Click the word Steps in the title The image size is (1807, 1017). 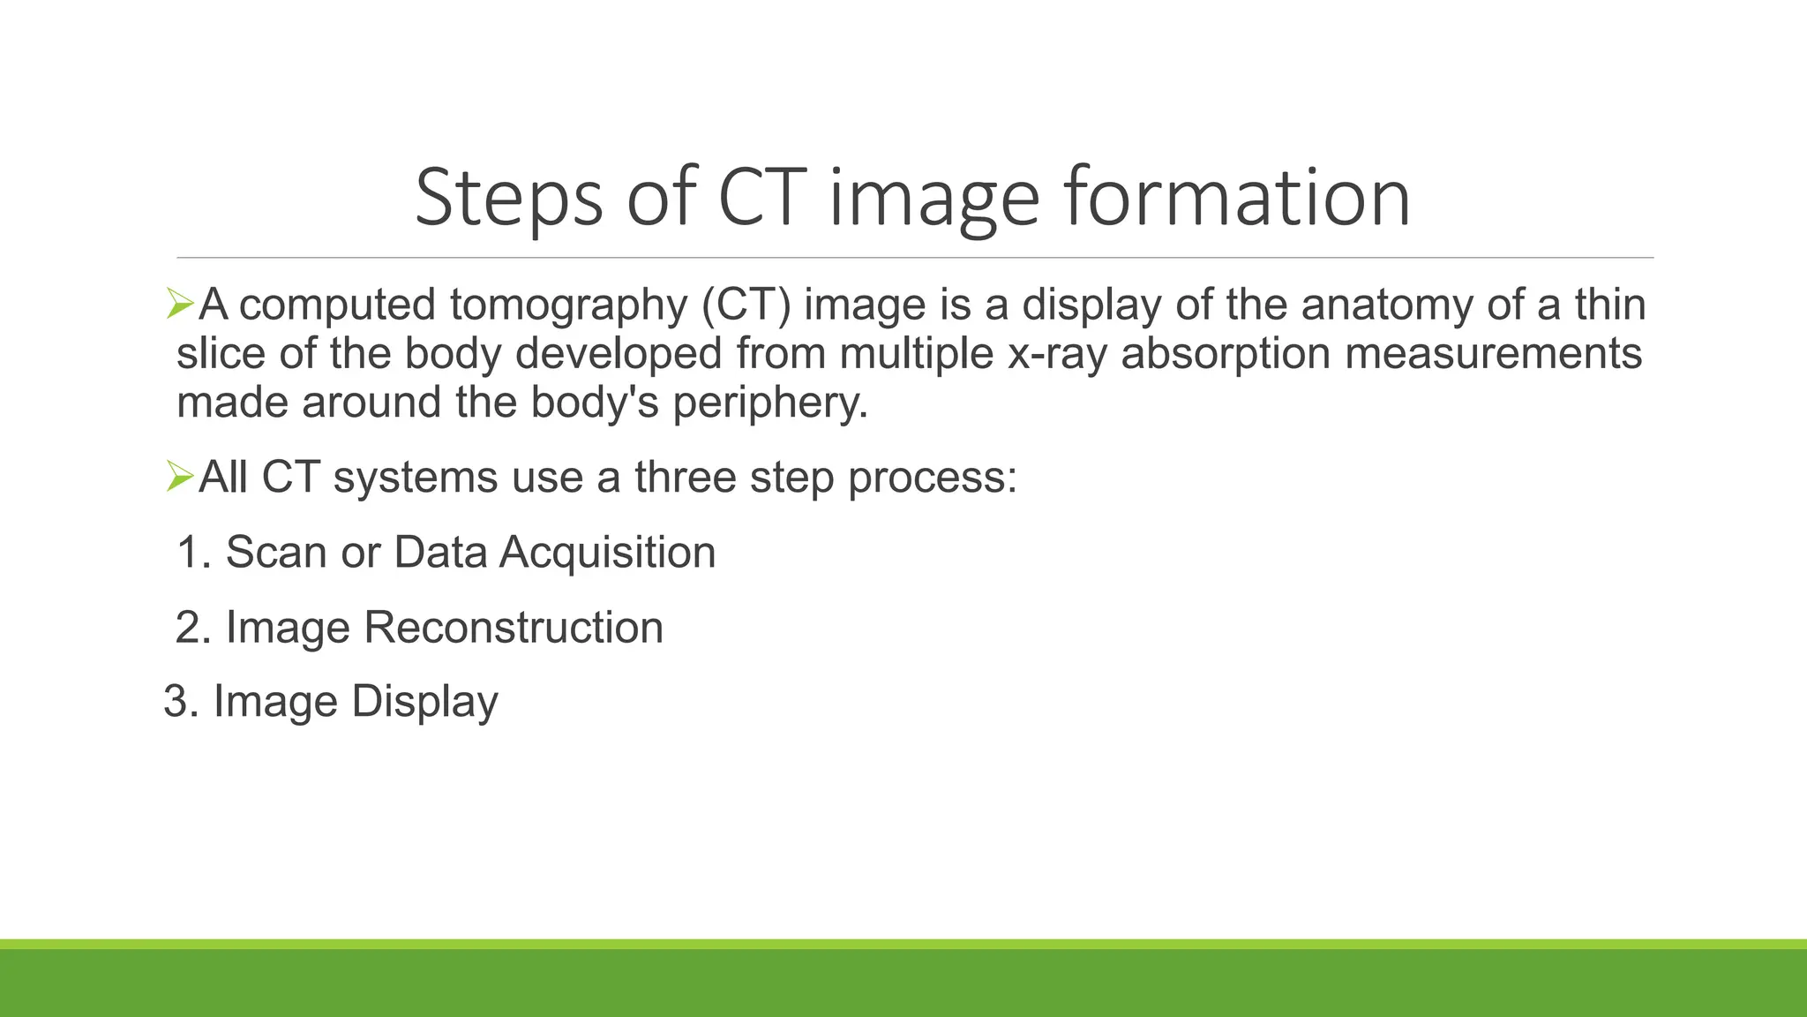pyautogui.click(x=509, y=199)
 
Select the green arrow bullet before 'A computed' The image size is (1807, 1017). pyautogui.click(x=179, y=305)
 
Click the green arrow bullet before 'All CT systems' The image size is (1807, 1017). pyautogui.click(x=179, y=478)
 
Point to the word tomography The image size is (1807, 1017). pyautogui.click(x=568, y=305)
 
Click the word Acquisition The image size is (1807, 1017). pyautogui.click(x=607, y=554)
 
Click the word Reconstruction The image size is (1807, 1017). pyautogui.click(x=513, y=628)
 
